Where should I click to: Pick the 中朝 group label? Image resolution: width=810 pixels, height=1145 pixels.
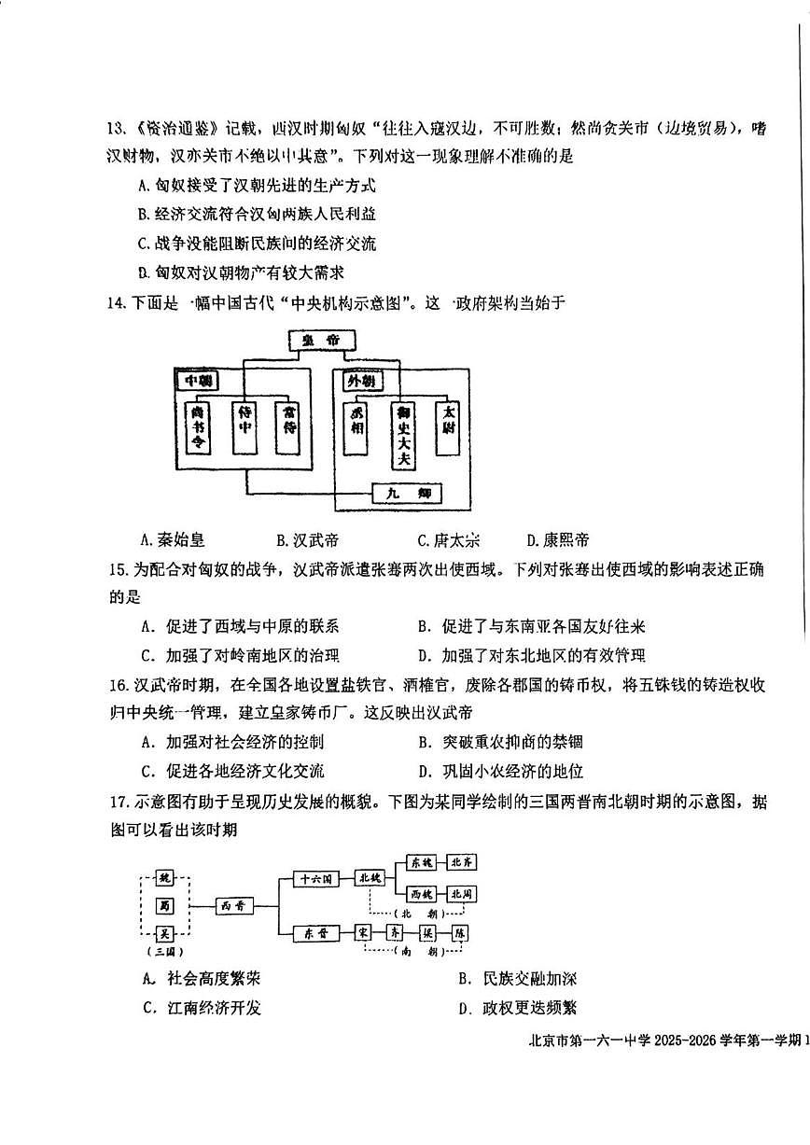(198, 381)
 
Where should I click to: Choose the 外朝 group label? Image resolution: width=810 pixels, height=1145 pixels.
(360, 382)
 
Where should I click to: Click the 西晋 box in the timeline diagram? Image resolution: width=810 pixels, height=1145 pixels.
(233, 904)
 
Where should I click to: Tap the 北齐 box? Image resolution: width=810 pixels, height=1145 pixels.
(463, 862)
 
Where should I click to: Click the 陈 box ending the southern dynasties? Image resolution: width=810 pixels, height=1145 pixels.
(460, 932)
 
